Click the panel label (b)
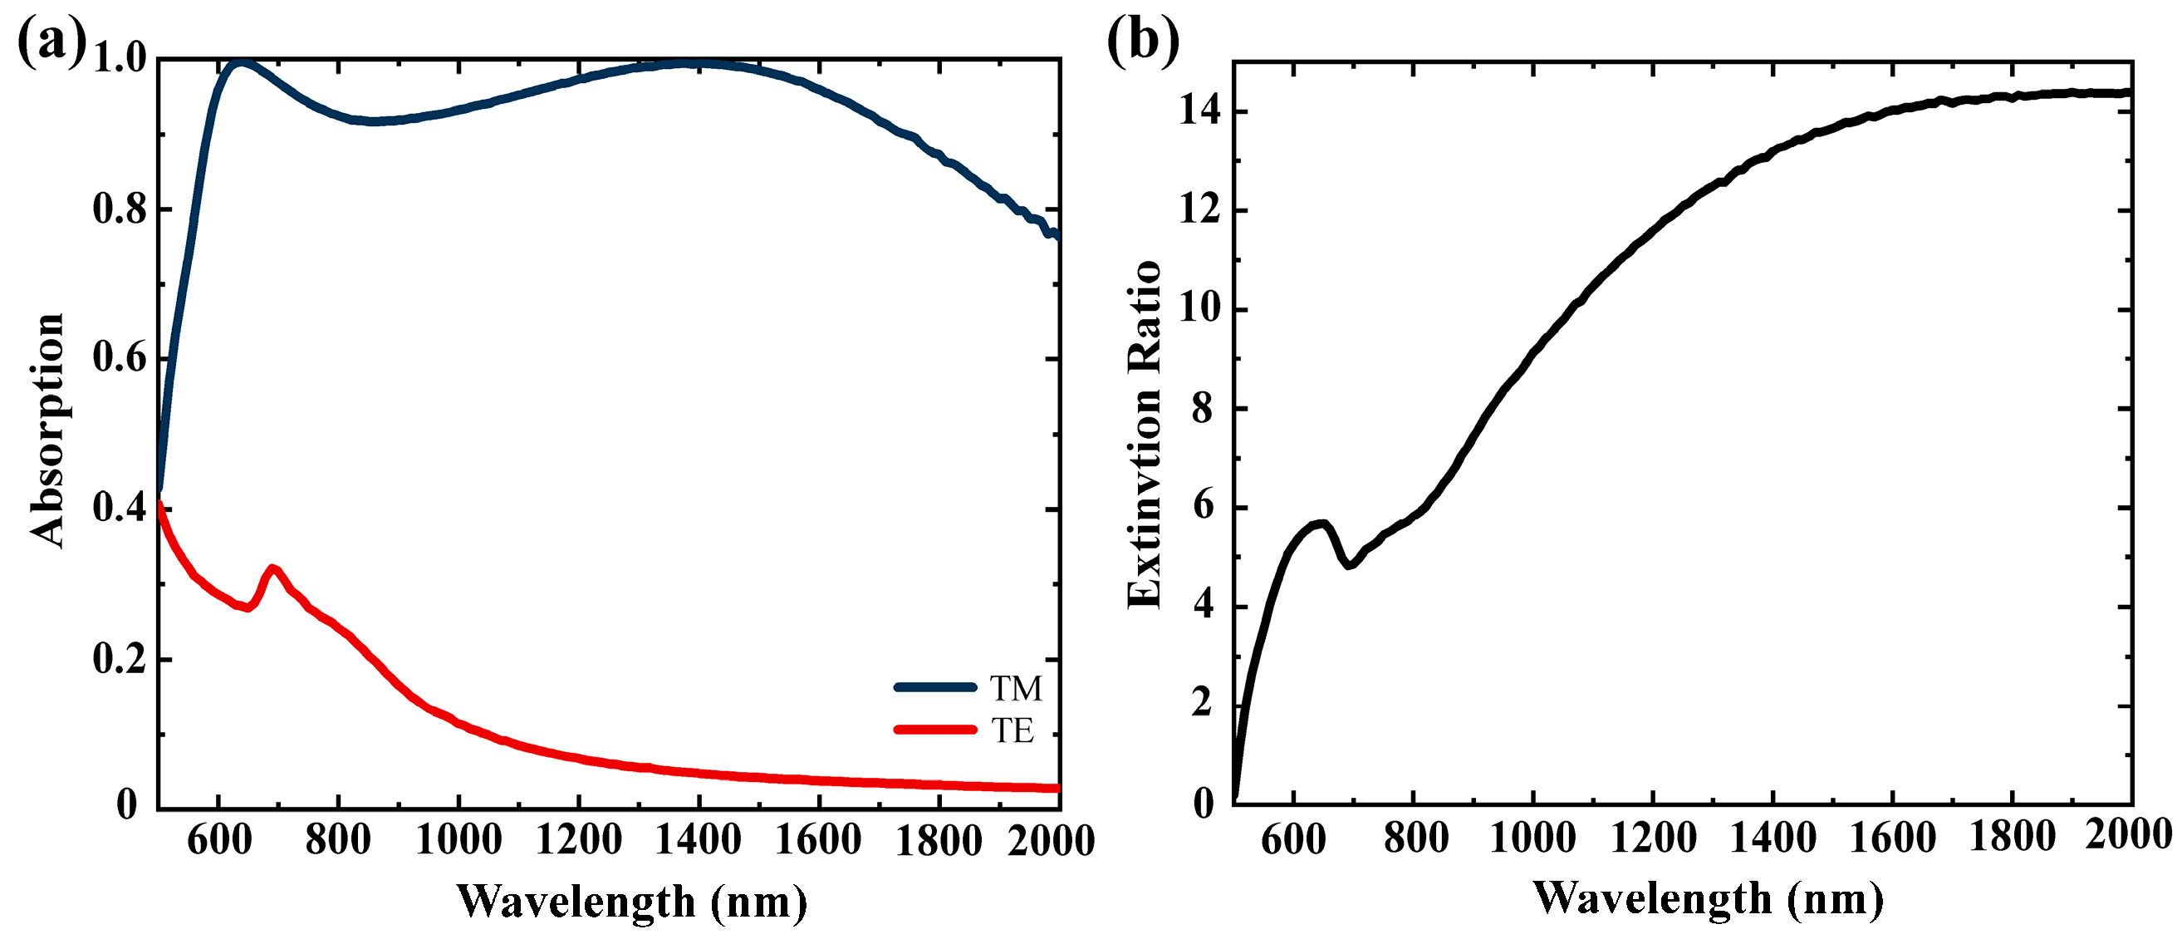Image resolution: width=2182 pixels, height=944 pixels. point(1143,41)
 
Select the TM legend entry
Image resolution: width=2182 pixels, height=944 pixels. point(1016,688)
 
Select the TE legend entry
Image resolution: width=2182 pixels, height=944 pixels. point(1013,730)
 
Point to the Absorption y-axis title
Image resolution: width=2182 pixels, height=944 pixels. point(47,430)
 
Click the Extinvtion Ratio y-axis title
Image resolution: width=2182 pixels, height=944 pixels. point(1145,434)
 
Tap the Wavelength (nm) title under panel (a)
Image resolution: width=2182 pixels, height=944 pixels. point(632,902)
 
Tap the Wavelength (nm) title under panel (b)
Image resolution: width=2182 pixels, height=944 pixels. point(1709,898)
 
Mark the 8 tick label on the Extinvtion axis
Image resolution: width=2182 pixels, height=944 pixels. point(1203,409)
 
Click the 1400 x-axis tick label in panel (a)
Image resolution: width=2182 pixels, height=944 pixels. point(699,841)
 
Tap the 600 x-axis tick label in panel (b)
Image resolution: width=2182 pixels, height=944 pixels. point(1293,839)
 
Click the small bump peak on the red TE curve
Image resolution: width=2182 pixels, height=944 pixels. point(272,568)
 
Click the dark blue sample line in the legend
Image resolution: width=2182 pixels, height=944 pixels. point(935,687)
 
